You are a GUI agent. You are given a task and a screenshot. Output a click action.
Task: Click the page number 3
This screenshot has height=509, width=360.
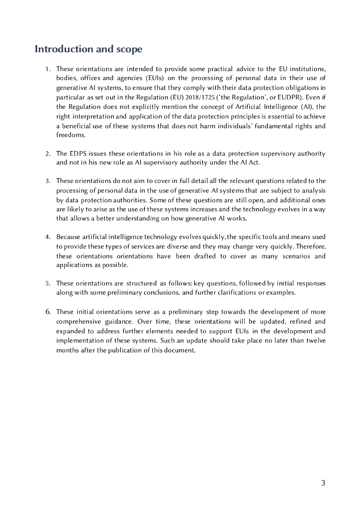click(x=323, y=483)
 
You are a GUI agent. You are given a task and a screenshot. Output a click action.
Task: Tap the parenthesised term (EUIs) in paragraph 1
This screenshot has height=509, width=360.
click(x=144, y=78)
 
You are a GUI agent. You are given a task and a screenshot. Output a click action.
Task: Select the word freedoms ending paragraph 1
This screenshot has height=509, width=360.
click(x=71, y=135)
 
